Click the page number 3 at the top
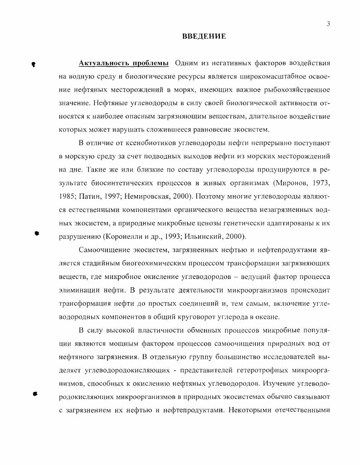[328, 24]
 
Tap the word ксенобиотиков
[134, 143]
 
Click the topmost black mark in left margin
[34, 64]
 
